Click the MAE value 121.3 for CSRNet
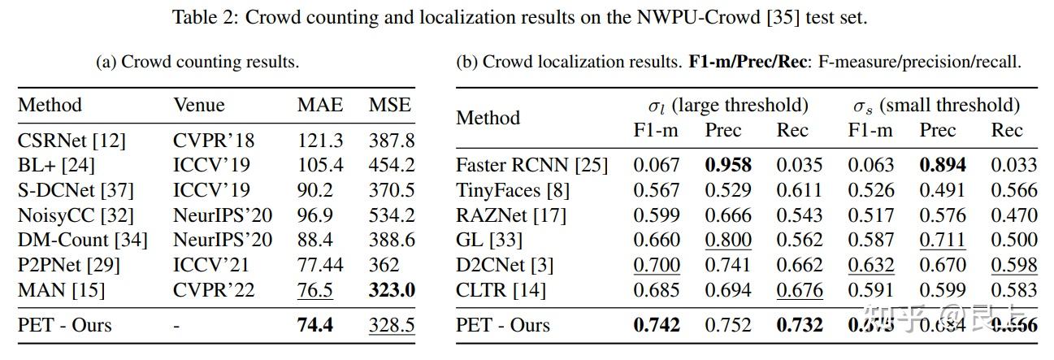(x=320, y=140)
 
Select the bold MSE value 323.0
(x=392, y=290)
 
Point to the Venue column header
(x=198, y=105)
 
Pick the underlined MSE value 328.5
(x=392, y=325)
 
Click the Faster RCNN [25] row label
(x=531, y=165)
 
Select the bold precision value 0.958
(x=728, y=165)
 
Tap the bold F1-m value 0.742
(x=657, y=325)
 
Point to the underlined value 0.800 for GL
(x=728, y=240)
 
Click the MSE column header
(x=390, y=105)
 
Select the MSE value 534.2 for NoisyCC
(x=392, y=215)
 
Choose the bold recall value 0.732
(x=800, y=325)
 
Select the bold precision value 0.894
(x=943, y=165)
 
